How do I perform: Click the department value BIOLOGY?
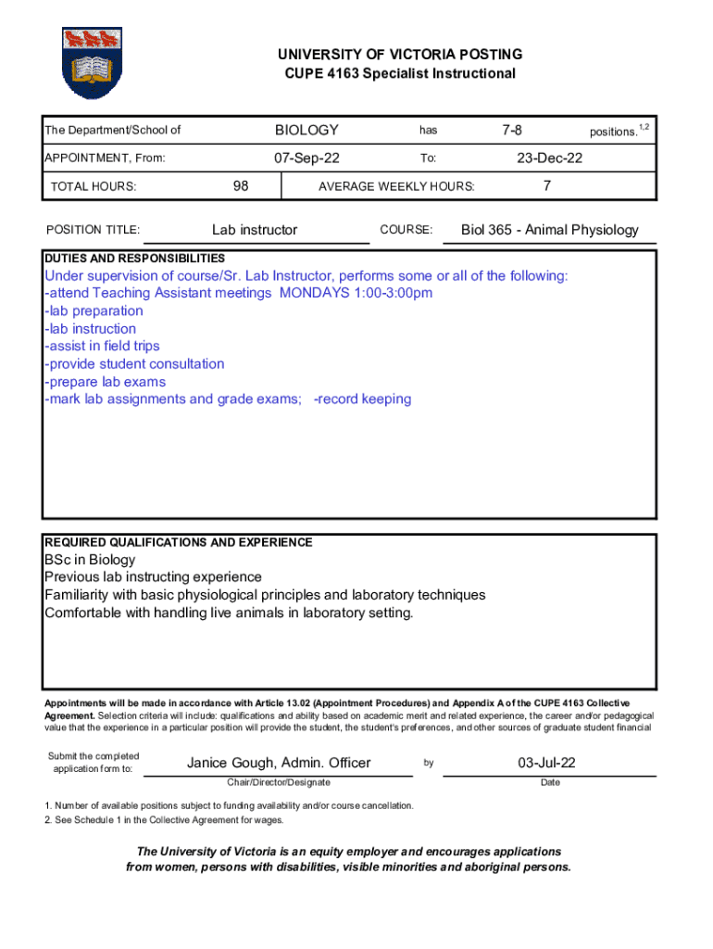(x=306, y=131)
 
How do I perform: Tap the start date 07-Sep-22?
(x=306, y=158)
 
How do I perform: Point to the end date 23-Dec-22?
(x=550, y=158)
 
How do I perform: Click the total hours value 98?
(x=241, y=185)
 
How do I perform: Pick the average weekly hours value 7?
(x=548, y=185)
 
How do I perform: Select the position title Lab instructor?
(x=255, y=230)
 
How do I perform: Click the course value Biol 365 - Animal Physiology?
(x=550, y=230)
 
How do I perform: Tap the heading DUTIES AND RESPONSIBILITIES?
(x=134, y=259)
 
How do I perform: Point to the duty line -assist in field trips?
(x=102, y=347)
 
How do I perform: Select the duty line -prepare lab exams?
(x=106, y=382)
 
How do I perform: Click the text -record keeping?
(x=362, y=399)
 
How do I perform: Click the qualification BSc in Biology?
(x=90, y=560)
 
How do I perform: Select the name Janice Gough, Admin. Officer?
(x=279, y=763)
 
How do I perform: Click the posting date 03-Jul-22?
(x=547, y=763)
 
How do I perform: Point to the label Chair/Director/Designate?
(x=278, y=783)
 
